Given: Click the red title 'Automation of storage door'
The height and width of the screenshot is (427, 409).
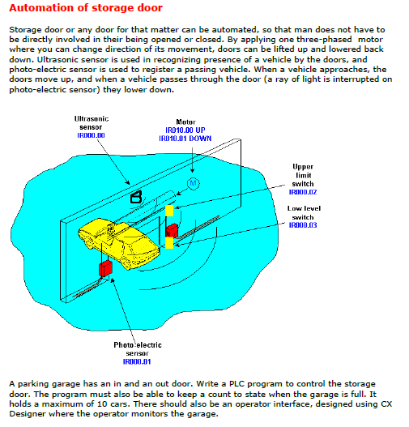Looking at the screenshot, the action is [x=86, y=8].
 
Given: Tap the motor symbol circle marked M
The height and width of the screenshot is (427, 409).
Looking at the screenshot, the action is [x=193, y=184].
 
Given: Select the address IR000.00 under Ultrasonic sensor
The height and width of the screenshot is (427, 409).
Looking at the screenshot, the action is [x=91, y=135].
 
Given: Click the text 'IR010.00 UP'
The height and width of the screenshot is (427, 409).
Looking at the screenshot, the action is [x=185, y=130].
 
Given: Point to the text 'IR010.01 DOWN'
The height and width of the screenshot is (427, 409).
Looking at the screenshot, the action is [x=185, y=139].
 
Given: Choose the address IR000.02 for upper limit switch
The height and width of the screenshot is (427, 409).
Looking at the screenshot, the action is [x=303, y=192].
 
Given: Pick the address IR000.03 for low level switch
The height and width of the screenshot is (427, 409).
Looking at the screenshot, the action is [x=303, y=225].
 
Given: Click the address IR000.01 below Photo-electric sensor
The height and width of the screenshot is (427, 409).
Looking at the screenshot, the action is [x=137, y=361].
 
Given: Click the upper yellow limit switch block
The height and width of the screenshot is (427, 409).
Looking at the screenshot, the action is [x=169, y=211].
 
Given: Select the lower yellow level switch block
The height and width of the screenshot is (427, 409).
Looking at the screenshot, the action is [x=169, y=242].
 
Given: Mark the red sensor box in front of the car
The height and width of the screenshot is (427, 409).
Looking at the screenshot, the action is [x=105, y=268].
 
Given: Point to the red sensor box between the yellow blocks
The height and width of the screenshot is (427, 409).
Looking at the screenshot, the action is [x=172, y=230].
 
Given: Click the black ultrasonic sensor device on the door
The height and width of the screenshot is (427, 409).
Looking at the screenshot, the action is [x=136, y=197].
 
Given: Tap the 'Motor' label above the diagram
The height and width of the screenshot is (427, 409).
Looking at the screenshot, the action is [x=185, y=122].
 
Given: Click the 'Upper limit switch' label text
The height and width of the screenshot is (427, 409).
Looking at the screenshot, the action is [x=303, y=175].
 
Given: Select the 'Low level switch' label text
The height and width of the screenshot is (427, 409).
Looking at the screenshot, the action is [x=304, y=212].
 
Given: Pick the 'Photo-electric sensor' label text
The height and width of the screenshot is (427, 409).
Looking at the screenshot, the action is [x=138, y=349].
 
